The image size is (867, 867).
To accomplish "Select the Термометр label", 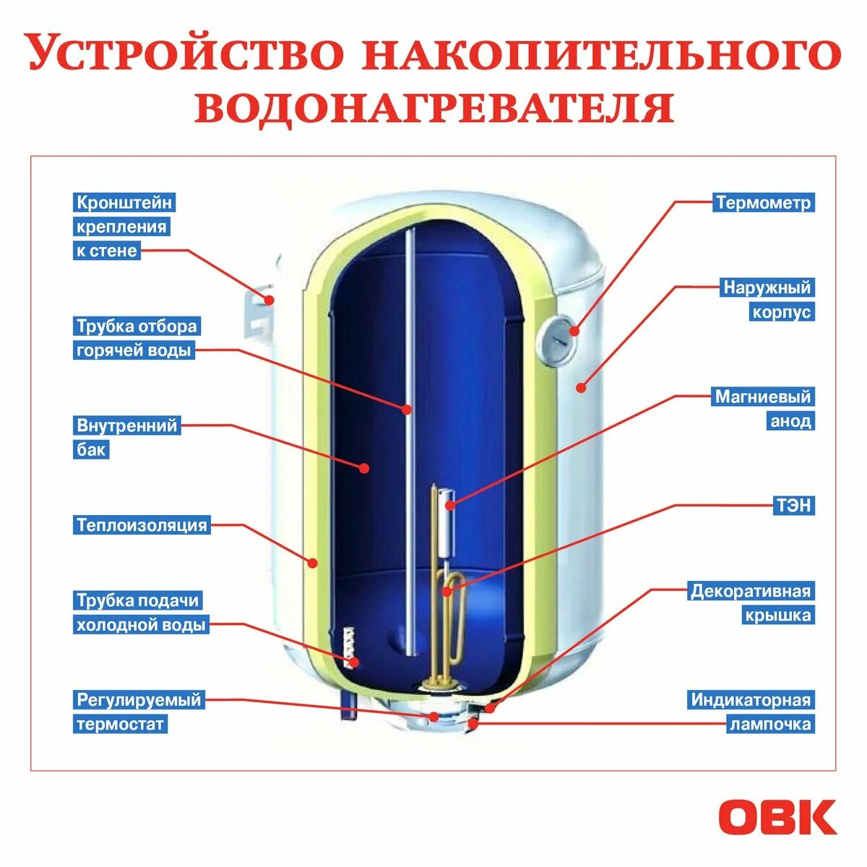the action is pyautogui.click(x=764, y=202).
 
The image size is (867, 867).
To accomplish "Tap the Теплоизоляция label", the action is pyautogui.click(x=142, y=525).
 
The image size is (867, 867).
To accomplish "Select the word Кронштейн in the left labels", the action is pyautogui.click(x=124, y=202).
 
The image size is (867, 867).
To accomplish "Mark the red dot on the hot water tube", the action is pyautogui.click(x=407, y=410).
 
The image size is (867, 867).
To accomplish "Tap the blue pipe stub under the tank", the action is pyautogui.click(x=349, y=704).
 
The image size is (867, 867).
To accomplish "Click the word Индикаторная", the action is pyautogui.click(x=751, y=699).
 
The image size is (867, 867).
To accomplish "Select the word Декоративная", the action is pyautogui.click(x=751, y=591).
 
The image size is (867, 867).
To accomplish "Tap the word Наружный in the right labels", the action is pyautogui.click(x=767, y=288).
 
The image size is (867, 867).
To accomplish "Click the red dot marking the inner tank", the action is pyautogui.click(x=364, y=468).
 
